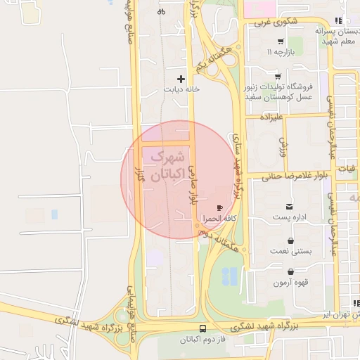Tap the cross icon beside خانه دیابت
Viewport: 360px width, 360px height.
click(x=181, y=79)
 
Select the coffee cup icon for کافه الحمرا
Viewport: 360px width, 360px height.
click(x=220, y=208)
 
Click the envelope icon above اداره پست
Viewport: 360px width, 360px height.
click(x=290, y=207)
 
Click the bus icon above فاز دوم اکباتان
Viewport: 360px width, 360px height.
click(x=203, y=328)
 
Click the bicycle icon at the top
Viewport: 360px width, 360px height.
click(x=162, y=11)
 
